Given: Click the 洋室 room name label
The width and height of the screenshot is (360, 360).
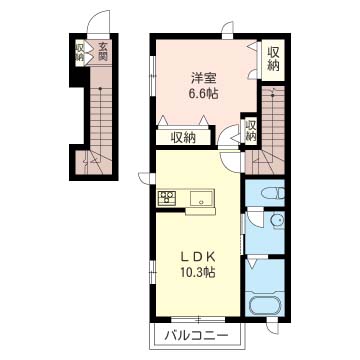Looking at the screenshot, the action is (204, 79).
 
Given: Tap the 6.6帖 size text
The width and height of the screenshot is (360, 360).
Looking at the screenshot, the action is (204, 94).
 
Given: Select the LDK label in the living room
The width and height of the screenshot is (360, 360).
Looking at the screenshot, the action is (198, 257).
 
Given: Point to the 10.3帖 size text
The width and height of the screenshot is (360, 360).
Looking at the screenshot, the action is (198, 273).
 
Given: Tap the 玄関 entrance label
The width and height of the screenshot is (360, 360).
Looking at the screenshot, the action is (103, 52).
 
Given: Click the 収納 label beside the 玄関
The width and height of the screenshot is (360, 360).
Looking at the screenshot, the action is (80, 52).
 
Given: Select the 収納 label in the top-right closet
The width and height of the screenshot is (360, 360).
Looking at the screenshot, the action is (273, 59).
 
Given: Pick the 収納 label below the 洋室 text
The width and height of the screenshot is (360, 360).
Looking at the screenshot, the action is (183, 137).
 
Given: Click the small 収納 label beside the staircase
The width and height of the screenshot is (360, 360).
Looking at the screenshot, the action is (251, 130).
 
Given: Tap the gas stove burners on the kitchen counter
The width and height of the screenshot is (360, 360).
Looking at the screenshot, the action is (167, 197).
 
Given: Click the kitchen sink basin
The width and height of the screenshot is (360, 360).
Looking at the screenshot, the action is (201, 198).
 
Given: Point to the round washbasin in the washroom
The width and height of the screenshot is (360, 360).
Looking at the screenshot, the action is (277, 220).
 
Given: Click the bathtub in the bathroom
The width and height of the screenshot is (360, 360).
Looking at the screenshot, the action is (266, 304).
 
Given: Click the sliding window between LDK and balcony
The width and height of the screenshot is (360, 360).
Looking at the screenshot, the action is (198, 319).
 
